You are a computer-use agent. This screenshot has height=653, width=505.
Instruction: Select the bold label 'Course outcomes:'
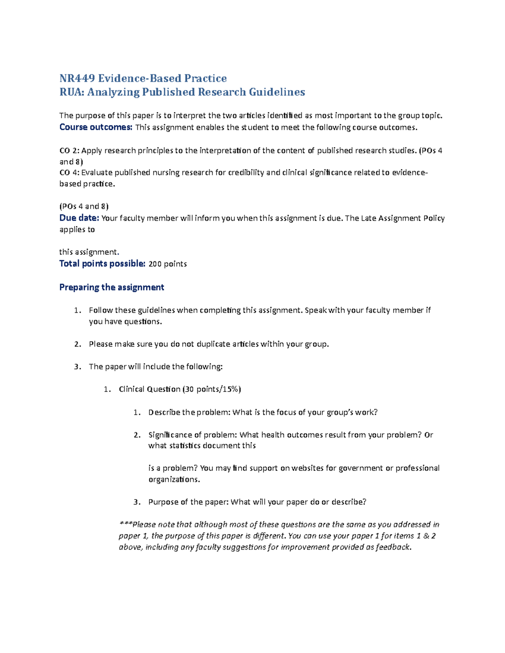[96, 127]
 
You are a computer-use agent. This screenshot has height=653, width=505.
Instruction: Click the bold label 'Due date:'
[79, 218]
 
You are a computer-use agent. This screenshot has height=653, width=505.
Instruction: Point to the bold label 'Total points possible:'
[102, 264]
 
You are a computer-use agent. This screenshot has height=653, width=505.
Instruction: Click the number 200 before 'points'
[155, 264]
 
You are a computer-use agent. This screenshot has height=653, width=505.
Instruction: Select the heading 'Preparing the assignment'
[112, 287]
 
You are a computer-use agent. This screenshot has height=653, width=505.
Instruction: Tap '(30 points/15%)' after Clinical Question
[212, 389]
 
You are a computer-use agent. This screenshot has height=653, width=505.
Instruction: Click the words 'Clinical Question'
[149, 389]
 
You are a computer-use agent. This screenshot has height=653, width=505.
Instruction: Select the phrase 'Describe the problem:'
[189, 412]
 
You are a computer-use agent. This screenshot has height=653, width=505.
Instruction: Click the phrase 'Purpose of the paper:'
[188, 502]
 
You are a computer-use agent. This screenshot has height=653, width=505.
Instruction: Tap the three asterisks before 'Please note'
[125, 525]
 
